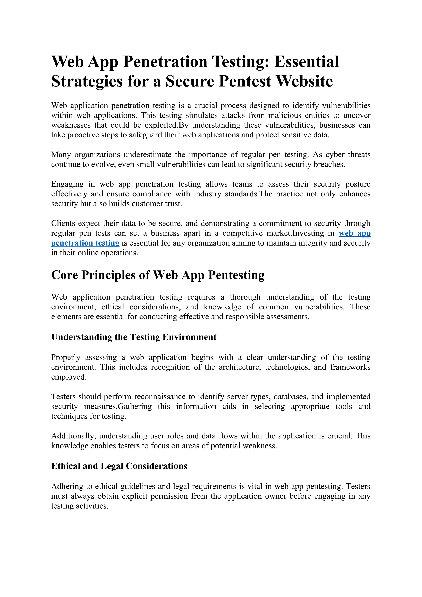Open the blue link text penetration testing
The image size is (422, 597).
point(85,243)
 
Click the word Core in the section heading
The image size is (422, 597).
point(64,275)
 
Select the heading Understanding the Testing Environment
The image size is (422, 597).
point(134,337)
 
